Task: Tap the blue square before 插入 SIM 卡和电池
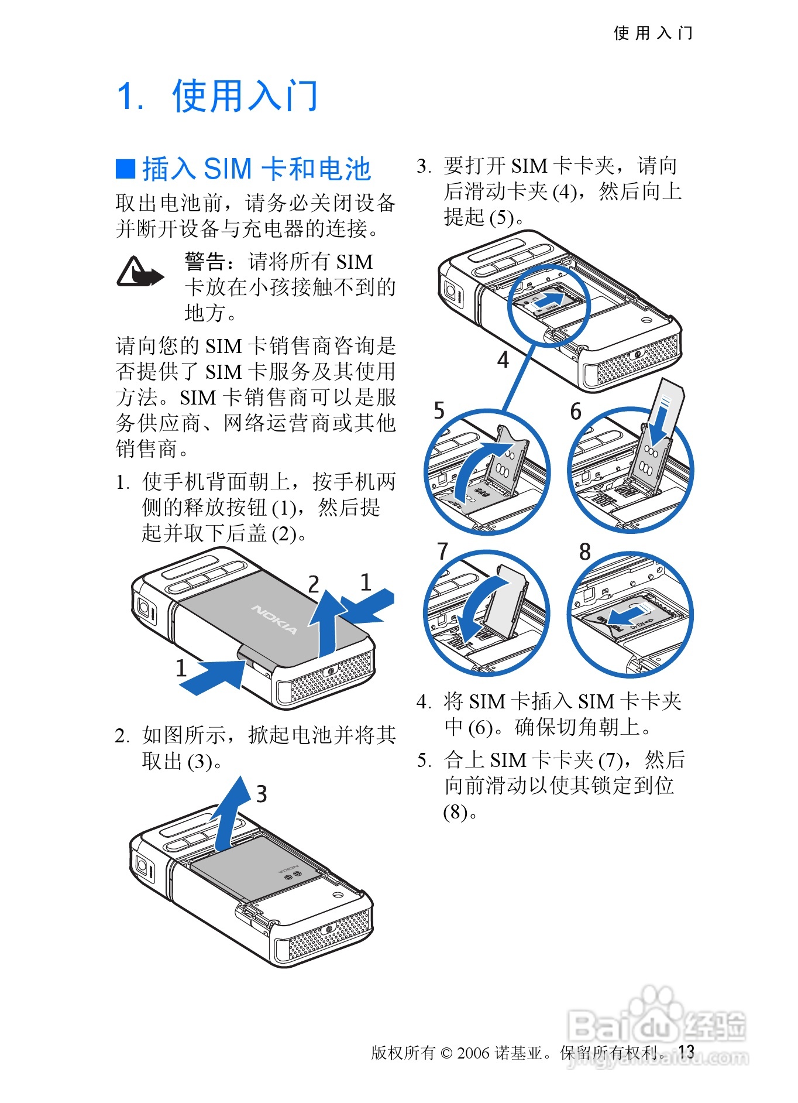125,169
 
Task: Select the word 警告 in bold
204,261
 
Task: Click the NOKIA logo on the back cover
274,619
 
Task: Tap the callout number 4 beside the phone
503,359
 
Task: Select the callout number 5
439,410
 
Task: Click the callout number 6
576,411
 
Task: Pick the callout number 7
442,551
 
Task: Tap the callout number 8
584,551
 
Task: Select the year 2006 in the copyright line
473,1053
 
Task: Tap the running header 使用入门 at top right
653,33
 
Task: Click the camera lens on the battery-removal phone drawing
142,865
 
